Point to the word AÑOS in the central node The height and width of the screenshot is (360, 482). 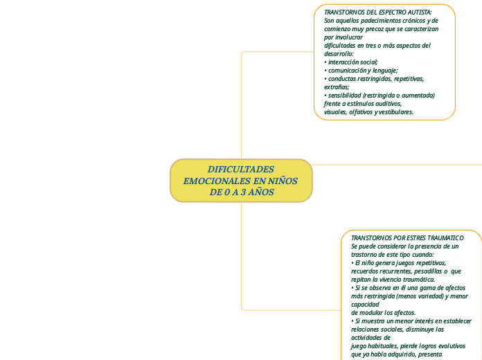[261, 192]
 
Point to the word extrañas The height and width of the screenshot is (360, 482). [336, 87]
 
